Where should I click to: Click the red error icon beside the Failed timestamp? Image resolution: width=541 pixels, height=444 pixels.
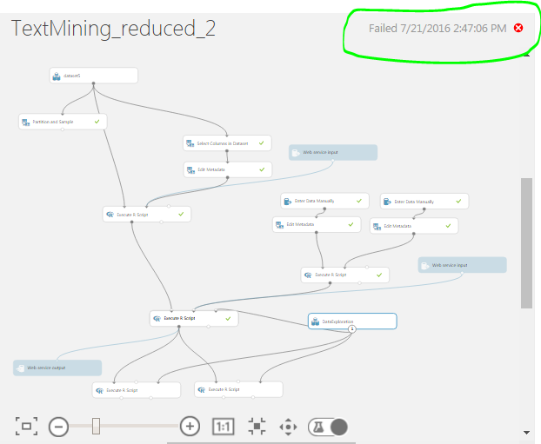[518, 28]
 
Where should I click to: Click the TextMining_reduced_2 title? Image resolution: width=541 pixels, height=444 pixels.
[113, 30]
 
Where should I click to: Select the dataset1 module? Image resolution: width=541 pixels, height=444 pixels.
[94, 76]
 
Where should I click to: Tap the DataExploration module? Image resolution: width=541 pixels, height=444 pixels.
[352, 321]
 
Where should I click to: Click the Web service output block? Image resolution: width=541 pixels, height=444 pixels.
[57, 368]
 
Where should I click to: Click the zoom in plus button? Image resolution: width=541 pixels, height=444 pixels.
[190, 426]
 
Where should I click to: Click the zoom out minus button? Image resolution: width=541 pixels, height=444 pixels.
[58, 426]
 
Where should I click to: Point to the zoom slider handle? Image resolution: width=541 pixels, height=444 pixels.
[96, 426]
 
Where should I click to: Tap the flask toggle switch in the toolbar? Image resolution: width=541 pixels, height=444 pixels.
[328, 427]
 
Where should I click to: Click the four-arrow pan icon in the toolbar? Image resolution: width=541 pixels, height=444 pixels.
[288, 427]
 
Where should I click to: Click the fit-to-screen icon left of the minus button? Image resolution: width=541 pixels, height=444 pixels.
[26, 426]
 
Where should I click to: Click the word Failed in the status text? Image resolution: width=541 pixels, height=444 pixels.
[383, 28]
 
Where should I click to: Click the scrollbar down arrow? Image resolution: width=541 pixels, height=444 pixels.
[526, 432]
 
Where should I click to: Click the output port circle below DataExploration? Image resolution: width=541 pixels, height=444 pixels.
[352, 329]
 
